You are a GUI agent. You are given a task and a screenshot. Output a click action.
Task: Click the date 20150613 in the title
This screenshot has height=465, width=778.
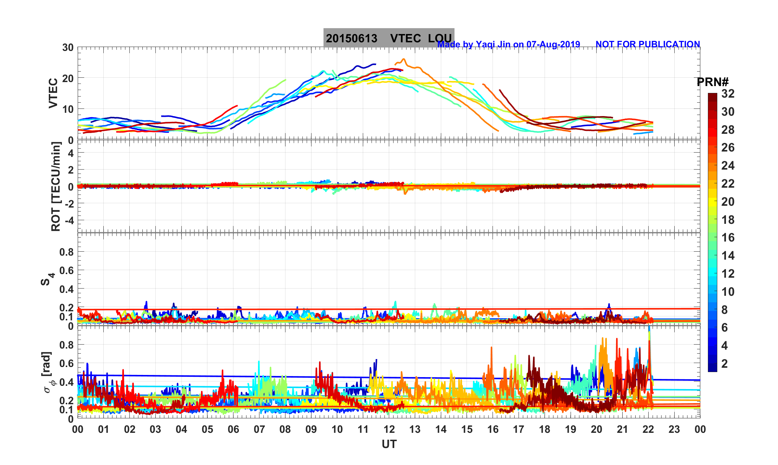[x=351, y=38]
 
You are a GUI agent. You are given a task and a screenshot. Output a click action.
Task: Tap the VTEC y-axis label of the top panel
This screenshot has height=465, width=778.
[x=53, y=93]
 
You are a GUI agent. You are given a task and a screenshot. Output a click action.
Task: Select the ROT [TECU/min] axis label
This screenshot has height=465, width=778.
[x=56, y=187]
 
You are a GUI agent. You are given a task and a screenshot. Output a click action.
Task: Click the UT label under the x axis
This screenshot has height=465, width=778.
[x=389, y=444]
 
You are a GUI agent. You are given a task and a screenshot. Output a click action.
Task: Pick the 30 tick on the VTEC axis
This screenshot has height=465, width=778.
[x=68, y=47]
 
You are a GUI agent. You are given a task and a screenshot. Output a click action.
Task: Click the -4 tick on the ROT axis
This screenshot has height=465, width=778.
[x=68, y=220]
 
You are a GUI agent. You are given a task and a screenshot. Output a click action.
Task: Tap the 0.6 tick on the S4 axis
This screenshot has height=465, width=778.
[x=66, y=270]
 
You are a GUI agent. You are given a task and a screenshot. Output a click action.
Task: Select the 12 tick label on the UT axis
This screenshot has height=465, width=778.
[x=389, y=430]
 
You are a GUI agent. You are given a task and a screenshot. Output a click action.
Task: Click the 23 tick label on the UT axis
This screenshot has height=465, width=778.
[x=674, y=430]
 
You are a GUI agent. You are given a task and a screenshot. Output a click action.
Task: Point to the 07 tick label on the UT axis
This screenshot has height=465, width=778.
[x=259, y=430]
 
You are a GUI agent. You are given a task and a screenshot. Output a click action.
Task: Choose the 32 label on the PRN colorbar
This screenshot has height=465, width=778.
[x=728, y=94]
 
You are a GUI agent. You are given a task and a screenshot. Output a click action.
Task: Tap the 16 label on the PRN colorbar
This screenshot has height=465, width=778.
[x=728, y=238]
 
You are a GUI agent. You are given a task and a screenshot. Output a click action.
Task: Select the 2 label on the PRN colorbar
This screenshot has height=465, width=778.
[x=724, y=363]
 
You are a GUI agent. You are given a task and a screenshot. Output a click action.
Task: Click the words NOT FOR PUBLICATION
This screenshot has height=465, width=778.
[x=648, y=44]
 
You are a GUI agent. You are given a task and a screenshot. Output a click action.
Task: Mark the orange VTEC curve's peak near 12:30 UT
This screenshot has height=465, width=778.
[x=404, y=59]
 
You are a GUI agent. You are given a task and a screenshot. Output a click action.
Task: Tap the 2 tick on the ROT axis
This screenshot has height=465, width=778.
[x=70, y=170]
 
